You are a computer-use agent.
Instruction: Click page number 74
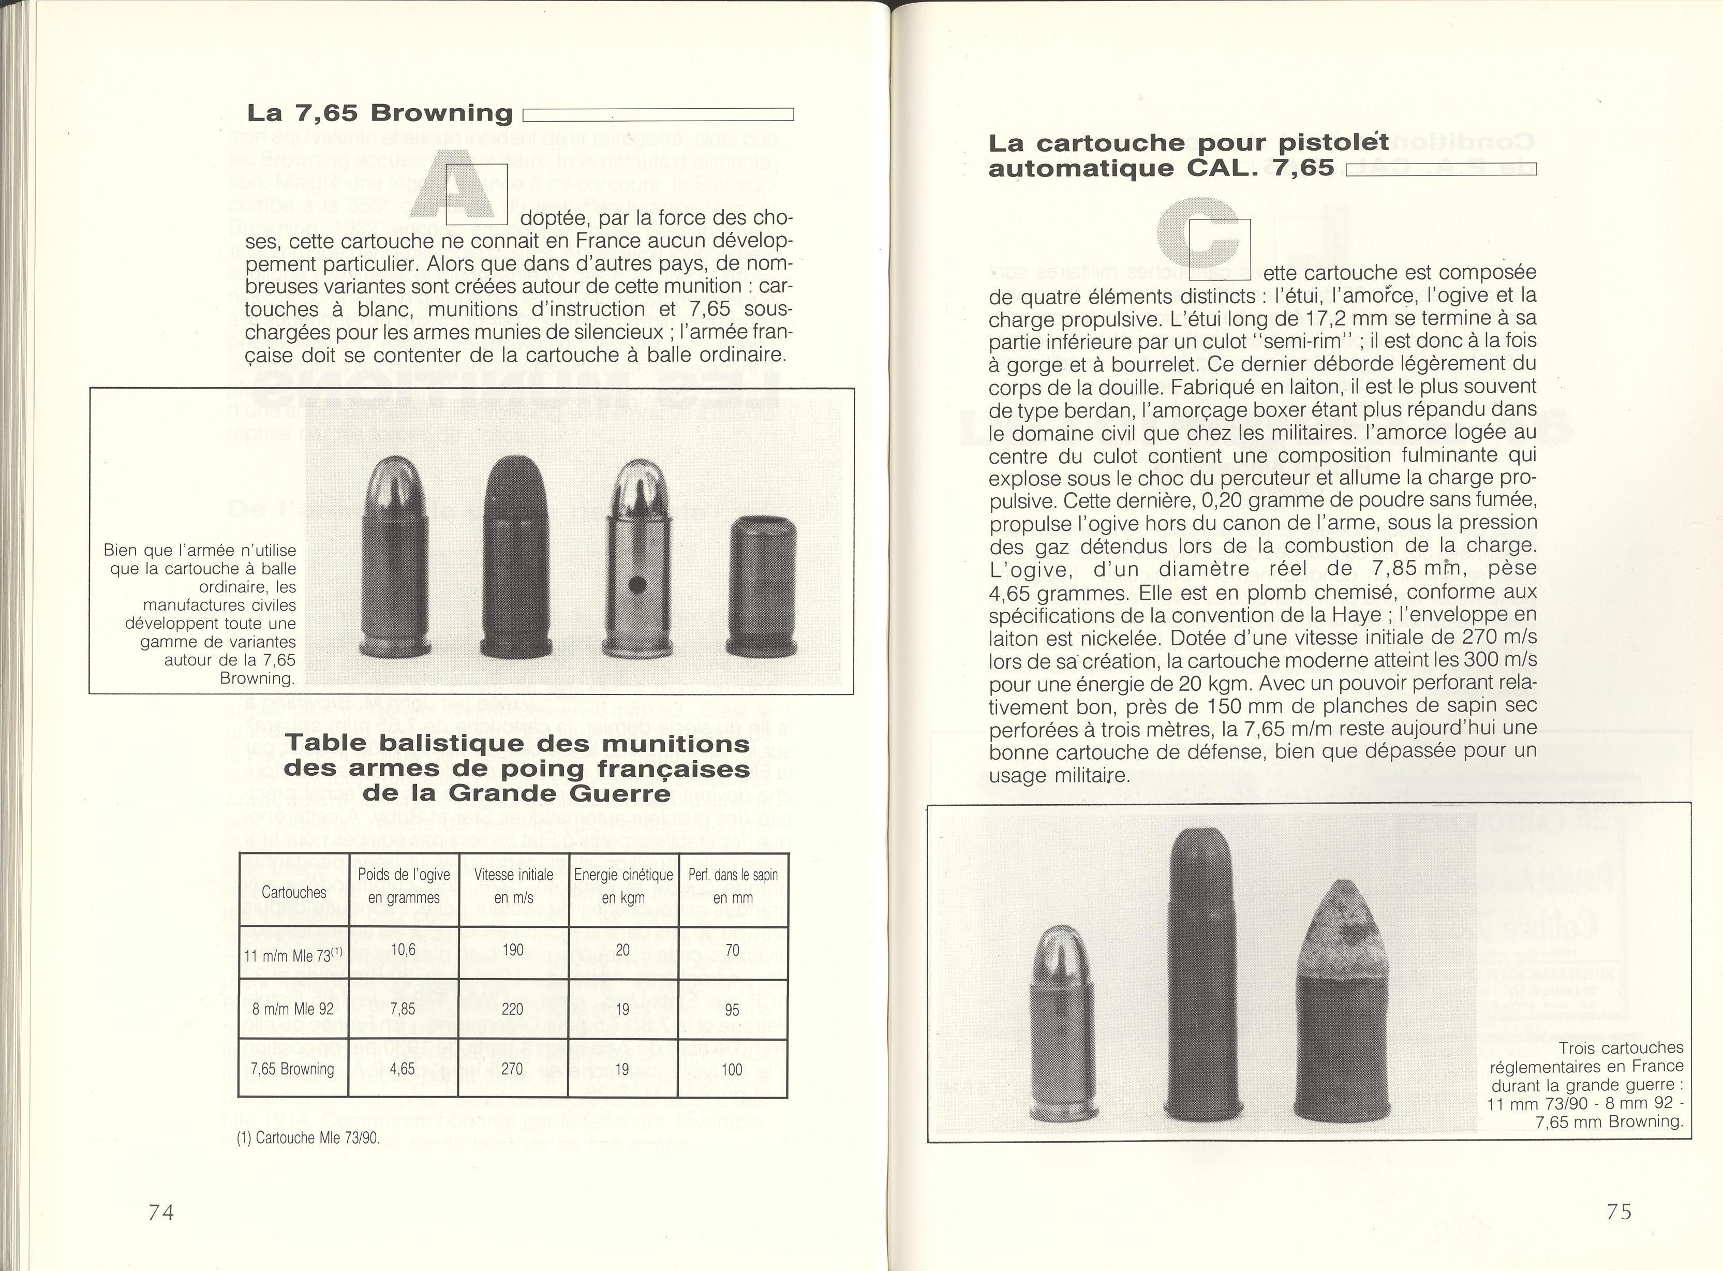pyautogui.click(x=161, y=1212)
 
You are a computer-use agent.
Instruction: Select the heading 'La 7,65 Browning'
pyautogui.click(x=379, y=113)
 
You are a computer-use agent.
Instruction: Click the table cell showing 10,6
pyautogui.click(x=403, y=950)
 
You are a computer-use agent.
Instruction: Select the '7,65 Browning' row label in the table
pyautogui.click(x=292, y=1069)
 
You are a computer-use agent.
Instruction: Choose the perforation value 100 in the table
pyautogui.click(x=732, y=1069)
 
